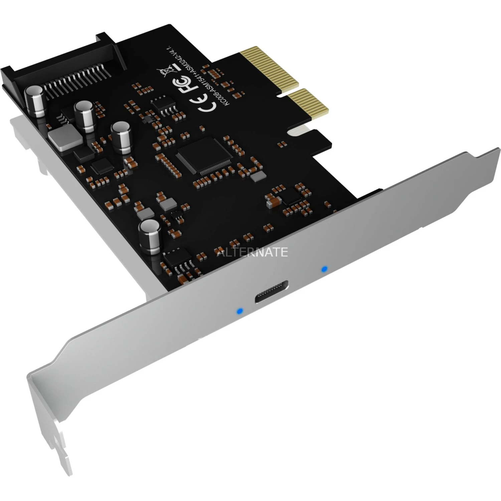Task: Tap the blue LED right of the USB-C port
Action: pyautogui.click(x=323, y=269)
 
